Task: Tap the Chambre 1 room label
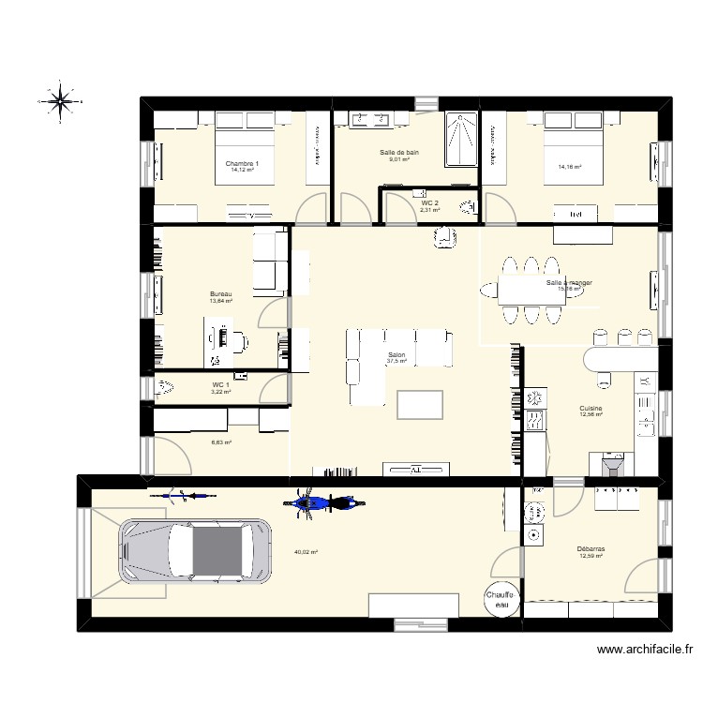coord(242,163)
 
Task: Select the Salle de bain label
coord(399,152)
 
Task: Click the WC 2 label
coord(429,202)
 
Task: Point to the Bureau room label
coord(220,294)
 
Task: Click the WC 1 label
coord(220,384)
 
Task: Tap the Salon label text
coord(396,355)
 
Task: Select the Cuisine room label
coord(591,409)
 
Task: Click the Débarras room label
coord(591,549)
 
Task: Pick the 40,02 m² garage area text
coord(306,552)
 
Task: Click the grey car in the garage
coord(195,553)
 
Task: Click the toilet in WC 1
coord(167,385)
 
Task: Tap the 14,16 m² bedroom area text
coord(570,168)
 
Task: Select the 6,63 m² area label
coord(221,442)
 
